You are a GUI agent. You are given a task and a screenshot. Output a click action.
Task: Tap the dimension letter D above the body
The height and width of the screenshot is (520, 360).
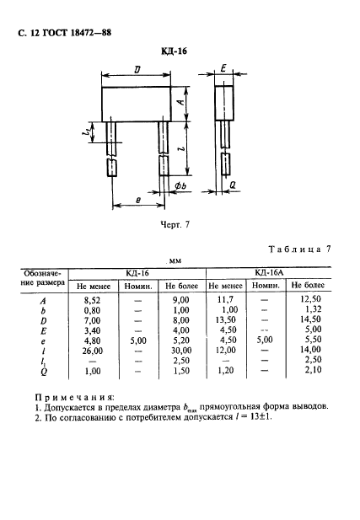[x=137, y=72]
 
